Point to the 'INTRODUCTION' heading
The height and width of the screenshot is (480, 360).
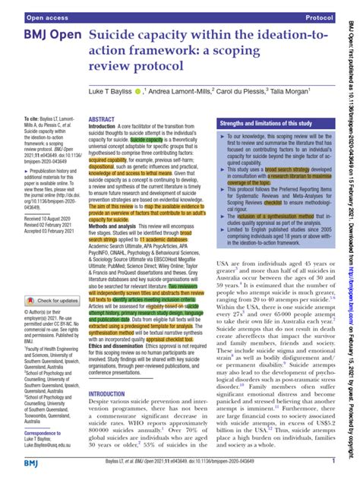pyautogui.click(x=112, y=394)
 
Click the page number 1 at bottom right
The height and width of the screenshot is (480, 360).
pyautogui.click(x=334, y=460)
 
